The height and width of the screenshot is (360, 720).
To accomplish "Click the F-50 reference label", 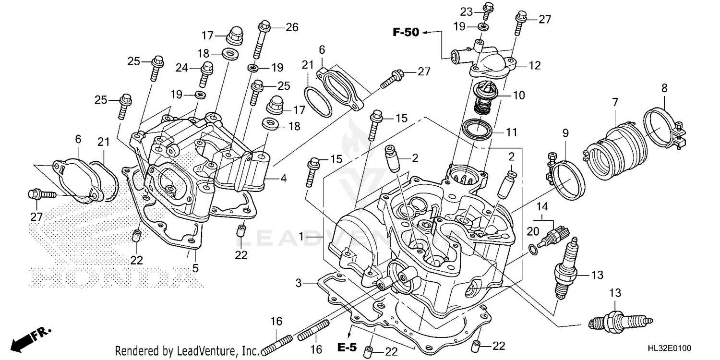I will [x=406, y=33].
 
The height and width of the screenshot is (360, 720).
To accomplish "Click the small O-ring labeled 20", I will [x=532, y=248].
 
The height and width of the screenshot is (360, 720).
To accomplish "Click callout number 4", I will [x=283, y=179].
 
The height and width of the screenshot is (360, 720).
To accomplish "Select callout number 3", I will [x=299, y=284].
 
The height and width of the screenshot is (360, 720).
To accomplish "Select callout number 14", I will [x=542, y=207].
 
